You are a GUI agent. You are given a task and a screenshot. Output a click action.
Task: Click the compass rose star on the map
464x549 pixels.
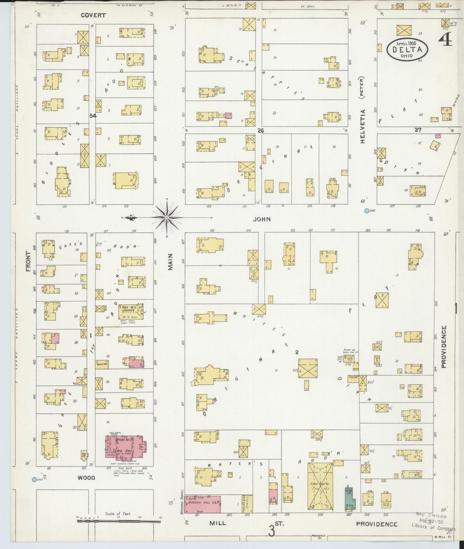(x=167, y=218)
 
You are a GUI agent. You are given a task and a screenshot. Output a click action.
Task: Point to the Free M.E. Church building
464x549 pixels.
(x=131, y=312)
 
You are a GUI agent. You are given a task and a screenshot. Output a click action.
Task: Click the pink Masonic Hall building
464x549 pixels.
(x=203, y=504)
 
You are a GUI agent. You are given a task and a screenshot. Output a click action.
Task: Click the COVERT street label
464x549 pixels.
(x=93, y=15)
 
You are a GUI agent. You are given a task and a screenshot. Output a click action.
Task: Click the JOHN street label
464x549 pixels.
(x=262, y=219)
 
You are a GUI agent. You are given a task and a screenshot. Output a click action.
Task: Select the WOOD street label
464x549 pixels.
(x=86, y=478)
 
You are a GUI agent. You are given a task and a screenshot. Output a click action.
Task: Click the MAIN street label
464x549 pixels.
(x=170, y=262)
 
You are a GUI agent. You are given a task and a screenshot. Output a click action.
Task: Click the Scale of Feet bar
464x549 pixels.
(x=118, y=521)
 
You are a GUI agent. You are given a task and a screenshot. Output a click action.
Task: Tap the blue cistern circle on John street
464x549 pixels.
(x=366, y=211)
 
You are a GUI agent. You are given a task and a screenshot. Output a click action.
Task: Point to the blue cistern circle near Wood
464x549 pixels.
(x=34, y=480)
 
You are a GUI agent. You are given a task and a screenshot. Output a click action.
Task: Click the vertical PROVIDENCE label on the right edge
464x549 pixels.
(x=444, y=346)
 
